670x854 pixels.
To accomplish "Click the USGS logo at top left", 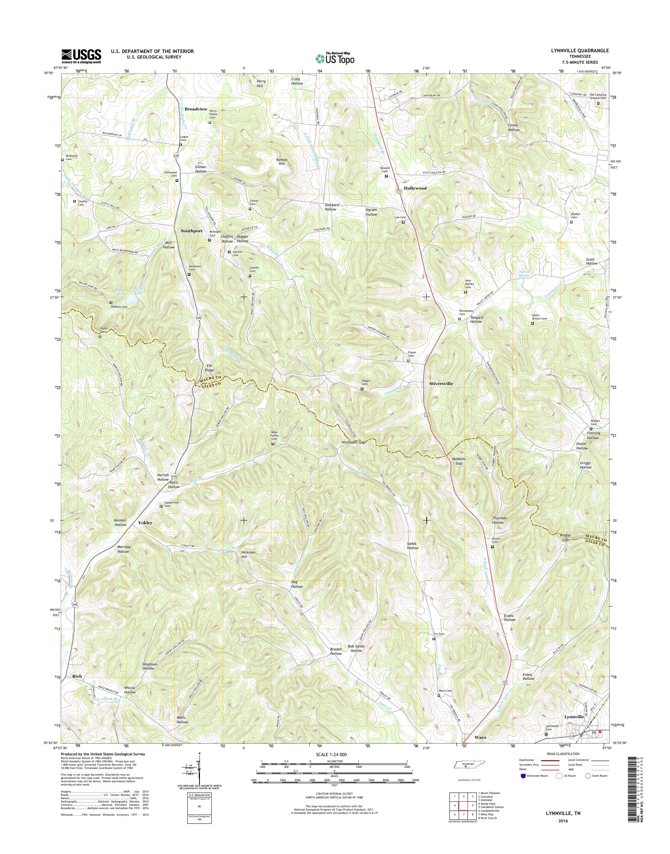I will pos(81,56).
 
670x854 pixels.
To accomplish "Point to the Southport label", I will pos(191,231).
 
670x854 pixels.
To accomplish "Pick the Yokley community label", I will pos(145,523).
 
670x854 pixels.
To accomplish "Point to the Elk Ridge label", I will pos(209,368).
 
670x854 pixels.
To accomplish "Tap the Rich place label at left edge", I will pos(77,676).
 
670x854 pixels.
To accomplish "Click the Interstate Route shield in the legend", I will pos(523,776).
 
